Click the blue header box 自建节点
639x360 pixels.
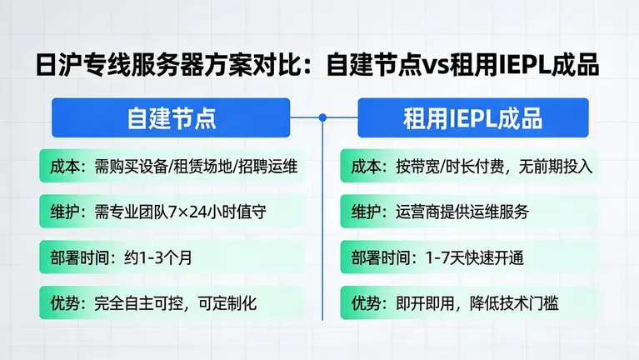click(x=171, y=117)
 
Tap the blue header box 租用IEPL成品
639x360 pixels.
click(x=472, y=117)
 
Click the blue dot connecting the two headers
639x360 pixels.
click(x=322, y=117)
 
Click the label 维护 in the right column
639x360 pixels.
click(x=364, y=212)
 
